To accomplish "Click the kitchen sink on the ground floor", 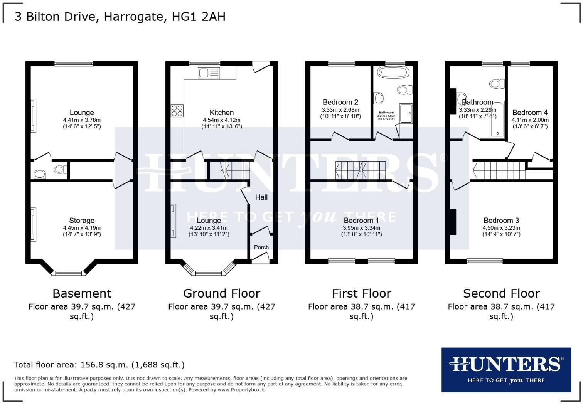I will click(x=206, y=73).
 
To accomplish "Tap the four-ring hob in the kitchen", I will click(x=177, y=111).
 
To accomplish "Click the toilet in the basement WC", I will click(x=60, y=169).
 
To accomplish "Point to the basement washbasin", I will click(x=40, y=174).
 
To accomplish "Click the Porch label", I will click(x=261, y=247).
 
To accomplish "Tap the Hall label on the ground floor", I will click(x=261, y=197).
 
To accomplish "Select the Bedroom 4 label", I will click(x=530, y=113).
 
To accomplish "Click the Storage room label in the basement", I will click(x=82, y=221).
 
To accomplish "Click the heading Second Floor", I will click(x=501, y=293).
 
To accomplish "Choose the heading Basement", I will click(x=82, y=293).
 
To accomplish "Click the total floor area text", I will click(x=99, y=365).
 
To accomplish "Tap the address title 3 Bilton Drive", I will click(x=120, y=17).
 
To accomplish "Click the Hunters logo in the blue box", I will click(x=506, y=369).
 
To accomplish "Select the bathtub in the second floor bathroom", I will click(x=497, y=120).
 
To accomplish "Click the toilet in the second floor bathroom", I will click(x=497, y=83).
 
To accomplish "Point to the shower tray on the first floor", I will click(x=406, y=113).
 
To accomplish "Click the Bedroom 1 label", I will click(x=361, y=221).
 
